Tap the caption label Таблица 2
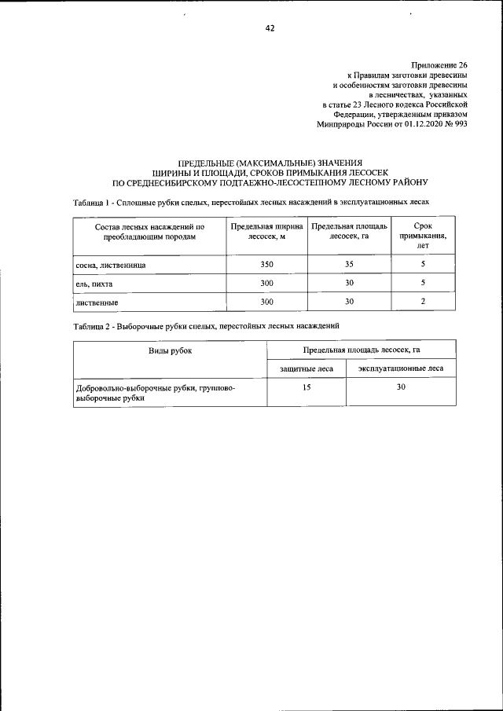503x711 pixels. (92, 324)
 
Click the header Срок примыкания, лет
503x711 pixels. (423, 235)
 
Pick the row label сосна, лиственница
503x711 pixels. (110, 265)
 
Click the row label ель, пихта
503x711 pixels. (94, 283)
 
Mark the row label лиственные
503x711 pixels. (97, 302)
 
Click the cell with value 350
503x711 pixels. (266, 265)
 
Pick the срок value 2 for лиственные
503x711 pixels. (423, 302)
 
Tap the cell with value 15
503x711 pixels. (306, 387)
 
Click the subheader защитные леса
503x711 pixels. (306, 368)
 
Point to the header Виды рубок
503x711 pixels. (170, 350)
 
